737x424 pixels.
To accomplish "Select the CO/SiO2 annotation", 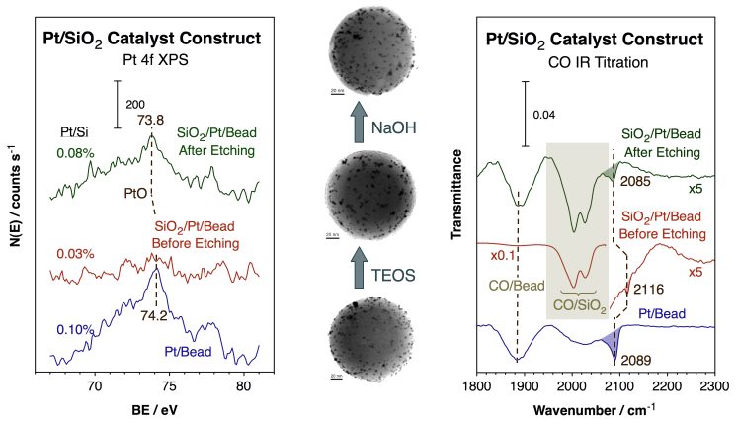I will (581, 307).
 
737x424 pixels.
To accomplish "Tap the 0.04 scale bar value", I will (544, 115).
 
